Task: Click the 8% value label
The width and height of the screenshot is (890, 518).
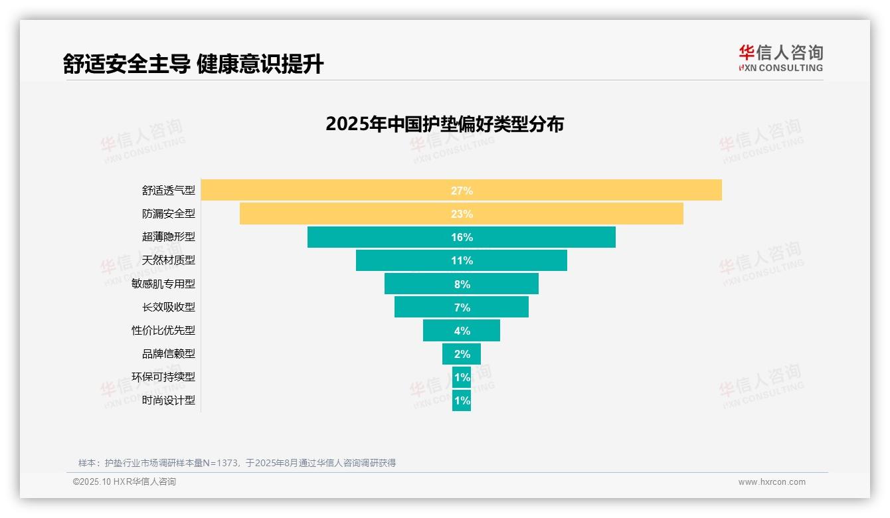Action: [x=462, y=284]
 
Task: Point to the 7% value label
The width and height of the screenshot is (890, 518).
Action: [x=462, y=307]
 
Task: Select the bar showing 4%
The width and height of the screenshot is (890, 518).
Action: [x=462, y=331]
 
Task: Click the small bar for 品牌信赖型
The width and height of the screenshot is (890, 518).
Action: [x=462, y=354]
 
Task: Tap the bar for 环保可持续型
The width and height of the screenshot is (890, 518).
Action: [x=462, y=377]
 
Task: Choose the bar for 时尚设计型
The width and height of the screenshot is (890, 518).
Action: [x=462, y=400]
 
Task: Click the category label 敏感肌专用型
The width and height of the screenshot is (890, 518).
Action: [x=163, y=284]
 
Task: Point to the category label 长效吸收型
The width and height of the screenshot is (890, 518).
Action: [x=169, y=307]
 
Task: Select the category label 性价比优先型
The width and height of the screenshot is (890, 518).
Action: [x=163, y=330]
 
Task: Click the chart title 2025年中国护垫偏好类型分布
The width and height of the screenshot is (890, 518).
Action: [x=444, y=124]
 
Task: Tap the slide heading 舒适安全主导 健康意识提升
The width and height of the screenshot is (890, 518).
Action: [x=193, y=64]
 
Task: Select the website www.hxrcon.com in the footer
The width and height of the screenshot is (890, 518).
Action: [x=772, y=482]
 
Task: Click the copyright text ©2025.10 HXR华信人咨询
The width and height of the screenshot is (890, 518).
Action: [x=124, y=482]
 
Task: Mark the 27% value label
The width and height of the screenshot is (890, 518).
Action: [x=462, y=191]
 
